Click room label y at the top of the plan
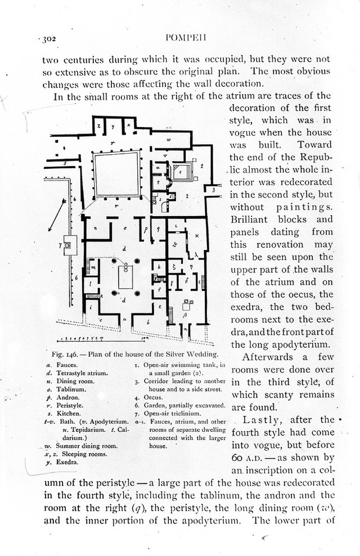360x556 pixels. tap(113, 127)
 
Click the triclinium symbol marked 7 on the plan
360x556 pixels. tap(69, 245)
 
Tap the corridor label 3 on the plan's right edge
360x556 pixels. tap(214, 191)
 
